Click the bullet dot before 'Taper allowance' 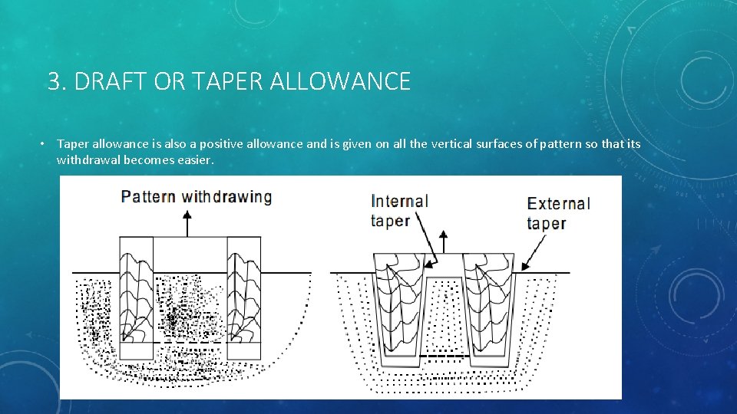[45, 144]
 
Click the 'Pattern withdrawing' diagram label [197, 196]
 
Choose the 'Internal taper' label [399, 210]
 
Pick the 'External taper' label [558, 213]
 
